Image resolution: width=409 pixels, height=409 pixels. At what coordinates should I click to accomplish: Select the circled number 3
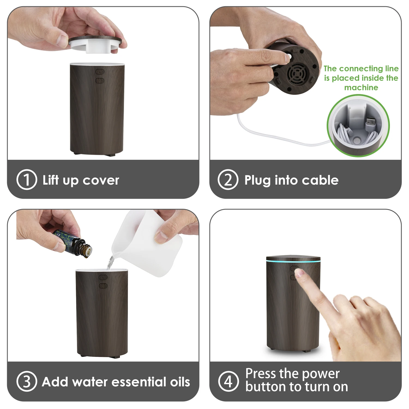26,381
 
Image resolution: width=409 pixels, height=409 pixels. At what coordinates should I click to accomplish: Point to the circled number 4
228,381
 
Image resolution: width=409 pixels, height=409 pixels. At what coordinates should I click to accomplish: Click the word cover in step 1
101,181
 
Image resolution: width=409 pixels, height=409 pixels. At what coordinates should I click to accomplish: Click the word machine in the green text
361,88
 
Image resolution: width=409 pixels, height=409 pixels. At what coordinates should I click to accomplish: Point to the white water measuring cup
147,243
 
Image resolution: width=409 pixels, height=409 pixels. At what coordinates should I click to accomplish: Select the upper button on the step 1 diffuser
100,72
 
